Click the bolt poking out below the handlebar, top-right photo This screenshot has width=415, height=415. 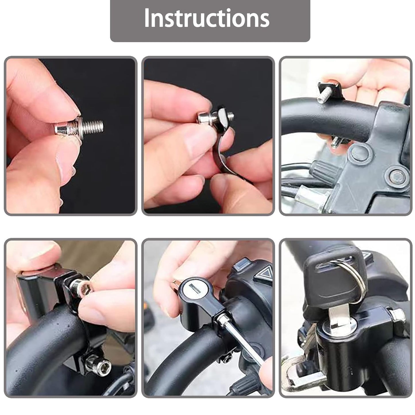point(335,142)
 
